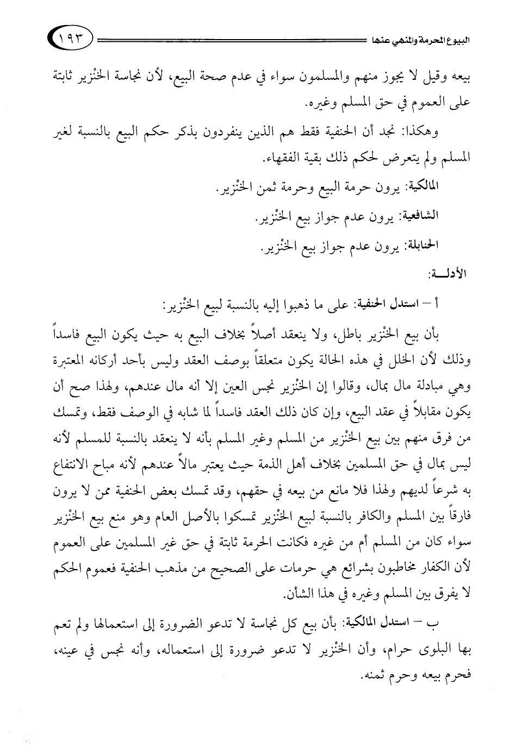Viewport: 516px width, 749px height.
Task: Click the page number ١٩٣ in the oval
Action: click(x=71, y=39)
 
